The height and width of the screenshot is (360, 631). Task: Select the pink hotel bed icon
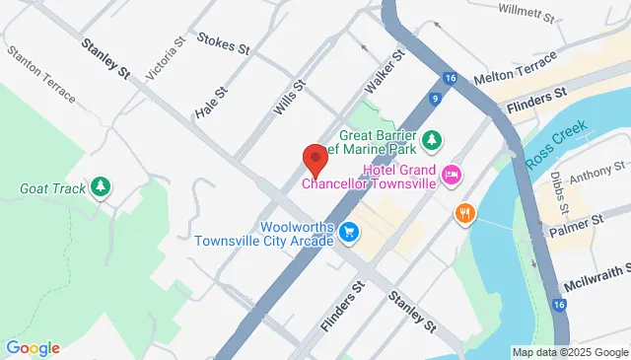pyautogui.click(x=453, y=176)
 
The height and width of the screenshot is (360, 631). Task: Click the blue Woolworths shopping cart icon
pyautogui.click(x=347, y=233)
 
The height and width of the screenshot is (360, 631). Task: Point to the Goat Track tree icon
pyautogui.click(x=100, y=186)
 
